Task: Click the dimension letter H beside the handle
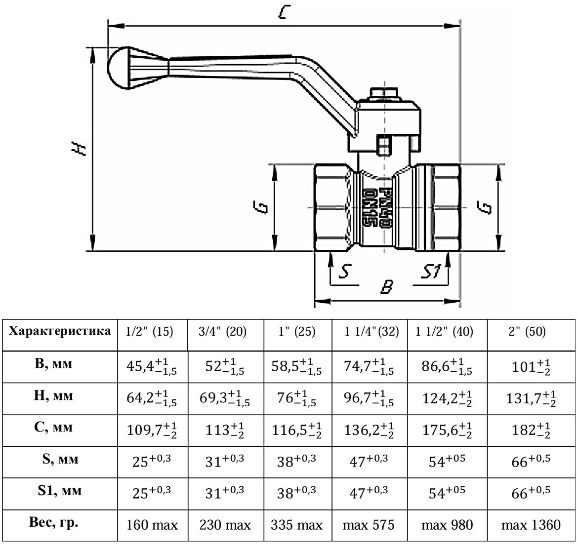tap(79, 149)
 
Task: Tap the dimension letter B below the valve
tap(387, 286)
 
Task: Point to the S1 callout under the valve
tap(431, 272)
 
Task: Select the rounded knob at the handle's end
tap(120, 68)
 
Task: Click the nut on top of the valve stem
tap(384, 94)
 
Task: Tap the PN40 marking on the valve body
tap(385, 207)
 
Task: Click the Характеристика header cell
tap(60, 331)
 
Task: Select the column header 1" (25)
tap(297, 332)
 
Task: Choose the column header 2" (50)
tap(527, 332)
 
